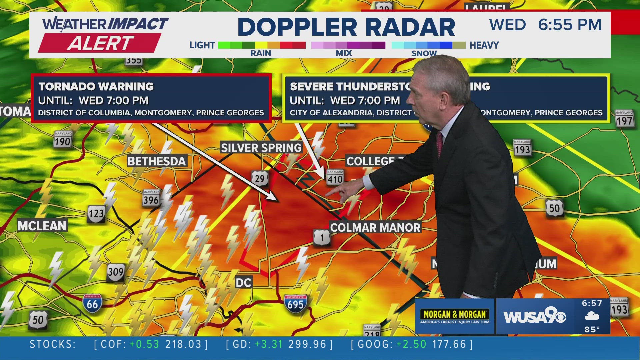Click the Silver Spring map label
[261, 148]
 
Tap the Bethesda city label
[156, 161]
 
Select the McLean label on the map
[42, 226]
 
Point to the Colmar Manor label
[375, 228]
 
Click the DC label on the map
[243, 283]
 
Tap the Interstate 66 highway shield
[92, 303]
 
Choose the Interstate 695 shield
[295, 304]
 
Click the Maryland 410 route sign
[335, 177]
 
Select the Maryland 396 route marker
[151, 198]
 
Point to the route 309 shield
[116, 272]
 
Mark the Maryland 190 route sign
[63, 140]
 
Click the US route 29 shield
[259, 179]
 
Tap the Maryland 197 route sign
[624, 119]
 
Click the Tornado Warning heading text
[96, 87]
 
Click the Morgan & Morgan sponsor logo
[455, 316]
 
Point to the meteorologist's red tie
[440, 143]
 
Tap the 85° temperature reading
[592, 329]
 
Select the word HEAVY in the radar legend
[484, 45]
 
